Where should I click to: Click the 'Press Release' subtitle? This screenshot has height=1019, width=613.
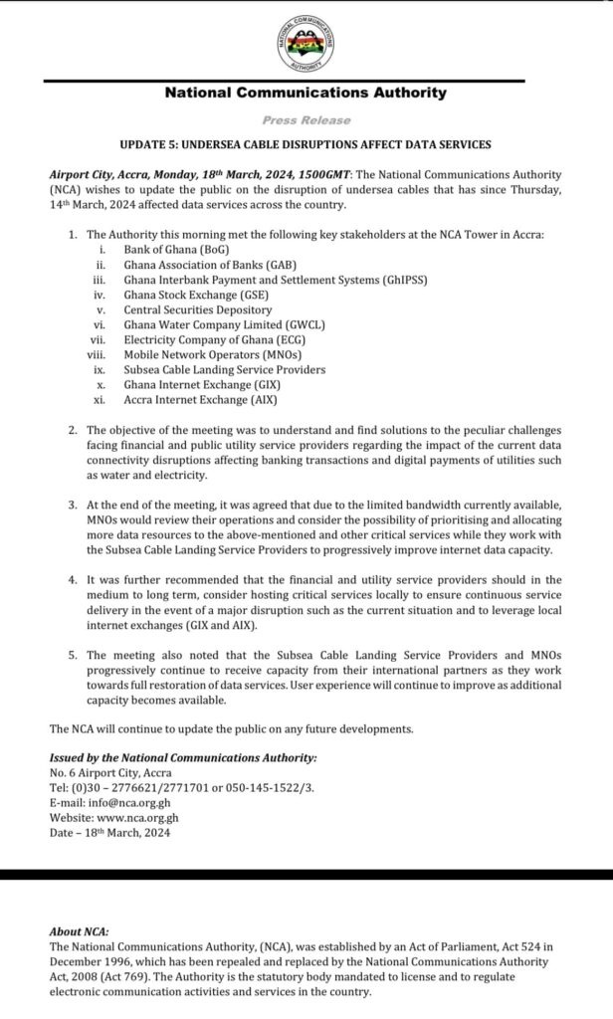(x=306, y=119)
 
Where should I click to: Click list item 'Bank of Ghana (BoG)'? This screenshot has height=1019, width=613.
(x=176, y=248)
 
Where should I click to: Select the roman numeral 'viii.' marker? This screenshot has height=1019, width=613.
(x=97, y=354)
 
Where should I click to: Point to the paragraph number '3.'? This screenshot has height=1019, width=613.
(x=73, y=507)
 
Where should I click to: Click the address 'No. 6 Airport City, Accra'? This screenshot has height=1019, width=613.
(x=109, y=772)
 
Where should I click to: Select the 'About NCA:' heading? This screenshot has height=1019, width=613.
(x=80, y=931)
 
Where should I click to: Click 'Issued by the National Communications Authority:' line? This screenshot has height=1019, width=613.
(x=183, y=757)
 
